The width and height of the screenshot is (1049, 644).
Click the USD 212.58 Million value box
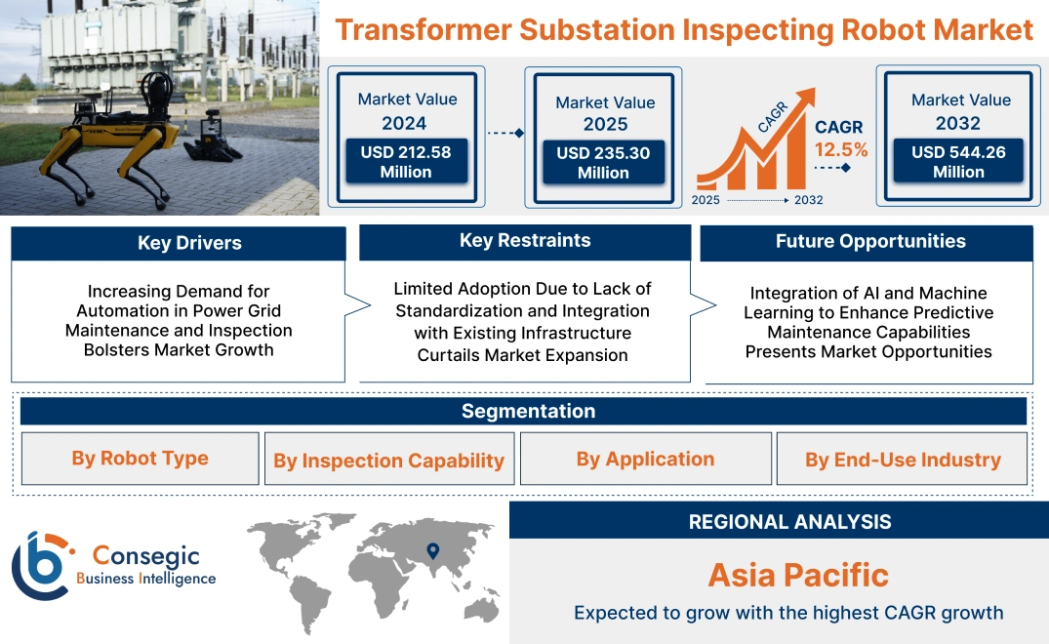(x=405, y=162)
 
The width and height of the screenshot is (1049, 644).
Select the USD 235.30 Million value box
(x=603, y=163)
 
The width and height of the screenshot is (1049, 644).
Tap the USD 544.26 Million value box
(x=958, y=162)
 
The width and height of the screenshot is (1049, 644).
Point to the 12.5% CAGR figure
(x=840, y=150)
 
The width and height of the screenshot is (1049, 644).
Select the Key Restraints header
(x=525, y=241)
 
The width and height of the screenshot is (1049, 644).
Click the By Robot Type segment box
(x=140, y=459)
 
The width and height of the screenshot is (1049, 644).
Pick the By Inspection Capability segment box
(x=388, y=461)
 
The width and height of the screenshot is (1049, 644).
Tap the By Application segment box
(x=645, y=459)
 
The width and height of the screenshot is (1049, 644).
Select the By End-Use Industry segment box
(x=902, y=460)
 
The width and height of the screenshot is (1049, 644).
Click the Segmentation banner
(x=528, y=411)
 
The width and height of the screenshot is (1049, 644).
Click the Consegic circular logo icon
(x=41, y=566)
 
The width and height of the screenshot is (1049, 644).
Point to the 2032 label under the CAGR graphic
(x=808, y=200)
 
